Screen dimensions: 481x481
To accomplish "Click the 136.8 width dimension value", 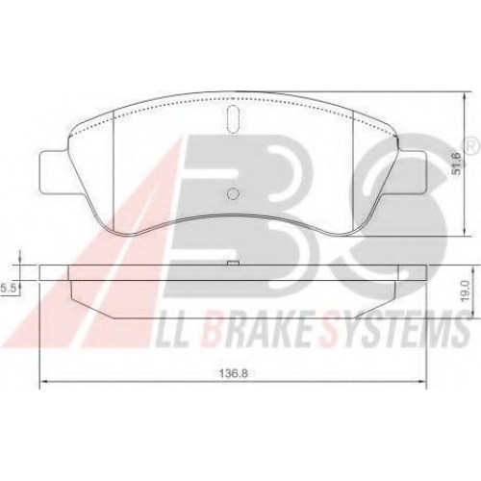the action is click(233, 373).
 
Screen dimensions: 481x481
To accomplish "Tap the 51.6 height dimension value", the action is click(456, 164).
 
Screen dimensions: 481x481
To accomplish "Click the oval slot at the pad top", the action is click(233, 119).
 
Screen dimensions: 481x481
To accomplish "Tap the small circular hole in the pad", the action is click(233, 193).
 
